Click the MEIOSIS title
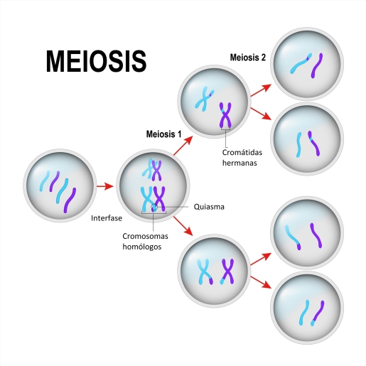coord(96,61)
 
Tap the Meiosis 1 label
coord(163,134)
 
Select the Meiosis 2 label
coord(248,58)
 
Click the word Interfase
coord(107,218)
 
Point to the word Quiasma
coord(209,207)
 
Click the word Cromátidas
coord(242,152)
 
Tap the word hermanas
coord(239,163)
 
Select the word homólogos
coord(142,247)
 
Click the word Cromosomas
coord(145,236)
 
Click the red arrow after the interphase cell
coord(105,186)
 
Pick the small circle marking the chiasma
coord(154,208)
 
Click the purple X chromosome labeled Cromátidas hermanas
coord(225,115)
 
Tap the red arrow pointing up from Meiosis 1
coord(183,146)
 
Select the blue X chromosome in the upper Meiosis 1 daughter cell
coord(204,99)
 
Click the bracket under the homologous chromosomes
coord(154,212)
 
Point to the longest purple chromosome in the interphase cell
coord(70,200)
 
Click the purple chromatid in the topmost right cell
coord(317,65)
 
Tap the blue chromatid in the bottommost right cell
coord(304,313)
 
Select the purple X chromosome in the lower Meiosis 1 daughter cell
coord(227,271)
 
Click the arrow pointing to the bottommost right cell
coord(261,282)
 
